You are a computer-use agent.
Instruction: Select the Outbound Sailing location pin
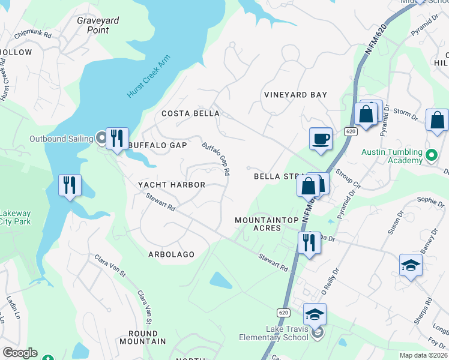point(101,139)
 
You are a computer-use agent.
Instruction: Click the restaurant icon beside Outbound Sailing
point(117,139)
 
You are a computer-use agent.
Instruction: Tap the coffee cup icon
point(321,139)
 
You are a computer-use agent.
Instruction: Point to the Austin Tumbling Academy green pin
point(430,157)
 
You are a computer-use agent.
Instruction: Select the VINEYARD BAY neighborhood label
point(296,95)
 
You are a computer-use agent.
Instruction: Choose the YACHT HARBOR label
point(172,185)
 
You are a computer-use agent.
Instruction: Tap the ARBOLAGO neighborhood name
point(171,254)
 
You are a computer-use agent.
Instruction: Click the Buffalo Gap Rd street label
point(216,158)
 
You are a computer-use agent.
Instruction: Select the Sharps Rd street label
point(423,311)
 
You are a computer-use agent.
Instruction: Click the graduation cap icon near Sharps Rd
point(411,265)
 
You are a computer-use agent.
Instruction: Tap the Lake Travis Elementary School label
point(288,333)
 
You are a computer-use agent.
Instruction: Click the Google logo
point(20,353)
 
